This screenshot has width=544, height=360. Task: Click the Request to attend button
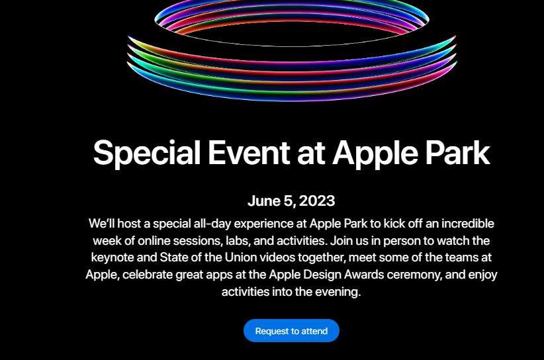[291, 331]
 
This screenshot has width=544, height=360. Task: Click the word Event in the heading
[249, 153]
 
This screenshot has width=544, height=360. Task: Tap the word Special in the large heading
[147, 154]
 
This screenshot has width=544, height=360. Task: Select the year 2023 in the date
[317, 201]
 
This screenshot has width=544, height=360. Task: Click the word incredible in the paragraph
[467, 224]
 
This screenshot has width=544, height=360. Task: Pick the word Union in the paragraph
[241, 257]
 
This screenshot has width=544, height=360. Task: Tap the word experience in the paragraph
[263, 224]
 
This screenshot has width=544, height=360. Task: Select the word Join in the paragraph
[340, 240]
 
